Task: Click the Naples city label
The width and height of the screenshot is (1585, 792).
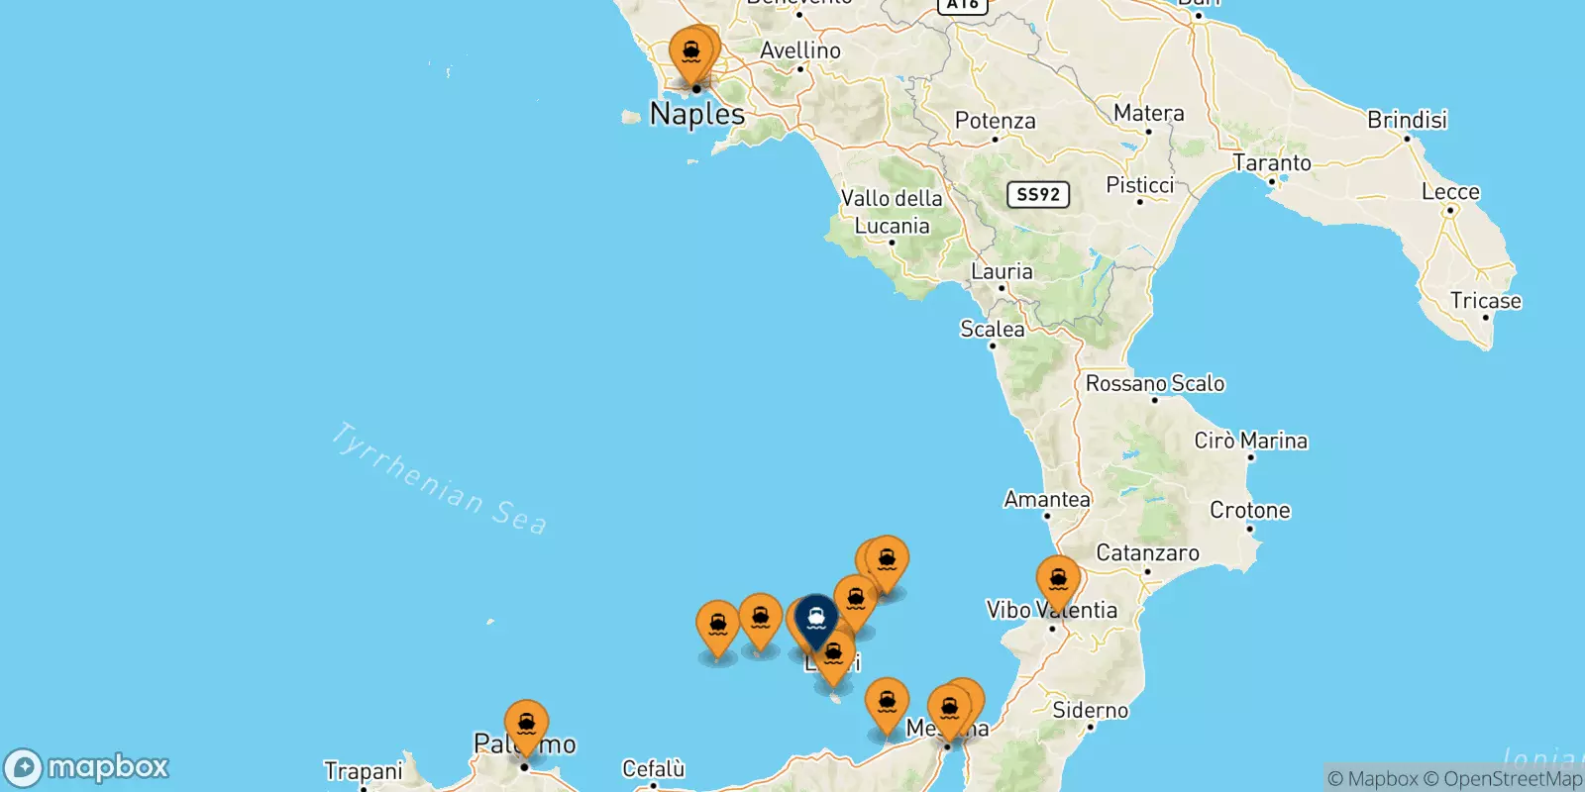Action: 697,114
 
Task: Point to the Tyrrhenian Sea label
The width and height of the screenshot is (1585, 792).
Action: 438,479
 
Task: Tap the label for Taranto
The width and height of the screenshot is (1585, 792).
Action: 1271,162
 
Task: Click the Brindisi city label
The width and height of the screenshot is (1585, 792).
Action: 1407,120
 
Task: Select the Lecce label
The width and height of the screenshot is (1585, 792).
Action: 1450,192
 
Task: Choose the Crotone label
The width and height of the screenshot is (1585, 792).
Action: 1249,510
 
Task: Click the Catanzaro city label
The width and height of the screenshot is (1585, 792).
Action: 1147,552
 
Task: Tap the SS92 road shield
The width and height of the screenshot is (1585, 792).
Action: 1038,194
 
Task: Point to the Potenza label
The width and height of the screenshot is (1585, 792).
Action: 995,121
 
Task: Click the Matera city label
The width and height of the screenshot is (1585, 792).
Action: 1148,113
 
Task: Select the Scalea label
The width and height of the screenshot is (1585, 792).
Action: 992,329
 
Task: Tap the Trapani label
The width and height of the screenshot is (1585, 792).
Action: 364,770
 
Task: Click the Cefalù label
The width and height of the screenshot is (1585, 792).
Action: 653,768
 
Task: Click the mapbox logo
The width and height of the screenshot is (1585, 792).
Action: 87,767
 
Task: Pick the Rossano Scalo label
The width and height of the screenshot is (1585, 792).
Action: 1155,383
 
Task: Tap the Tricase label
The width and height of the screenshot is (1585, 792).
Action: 1485,301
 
